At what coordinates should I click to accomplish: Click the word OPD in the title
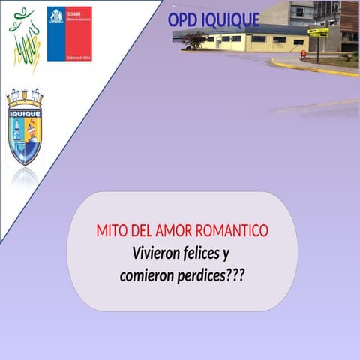(183, 19)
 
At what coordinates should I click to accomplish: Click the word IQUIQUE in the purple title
(230, 19)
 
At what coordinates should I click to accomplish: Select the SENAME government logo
(69, 34)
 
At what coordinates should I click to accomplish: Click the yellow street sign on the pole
(318, 32)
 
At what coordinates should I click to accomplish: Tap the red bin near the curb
(303, 54)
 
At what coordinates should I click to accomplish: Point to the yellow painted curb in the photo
(315, 68)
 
